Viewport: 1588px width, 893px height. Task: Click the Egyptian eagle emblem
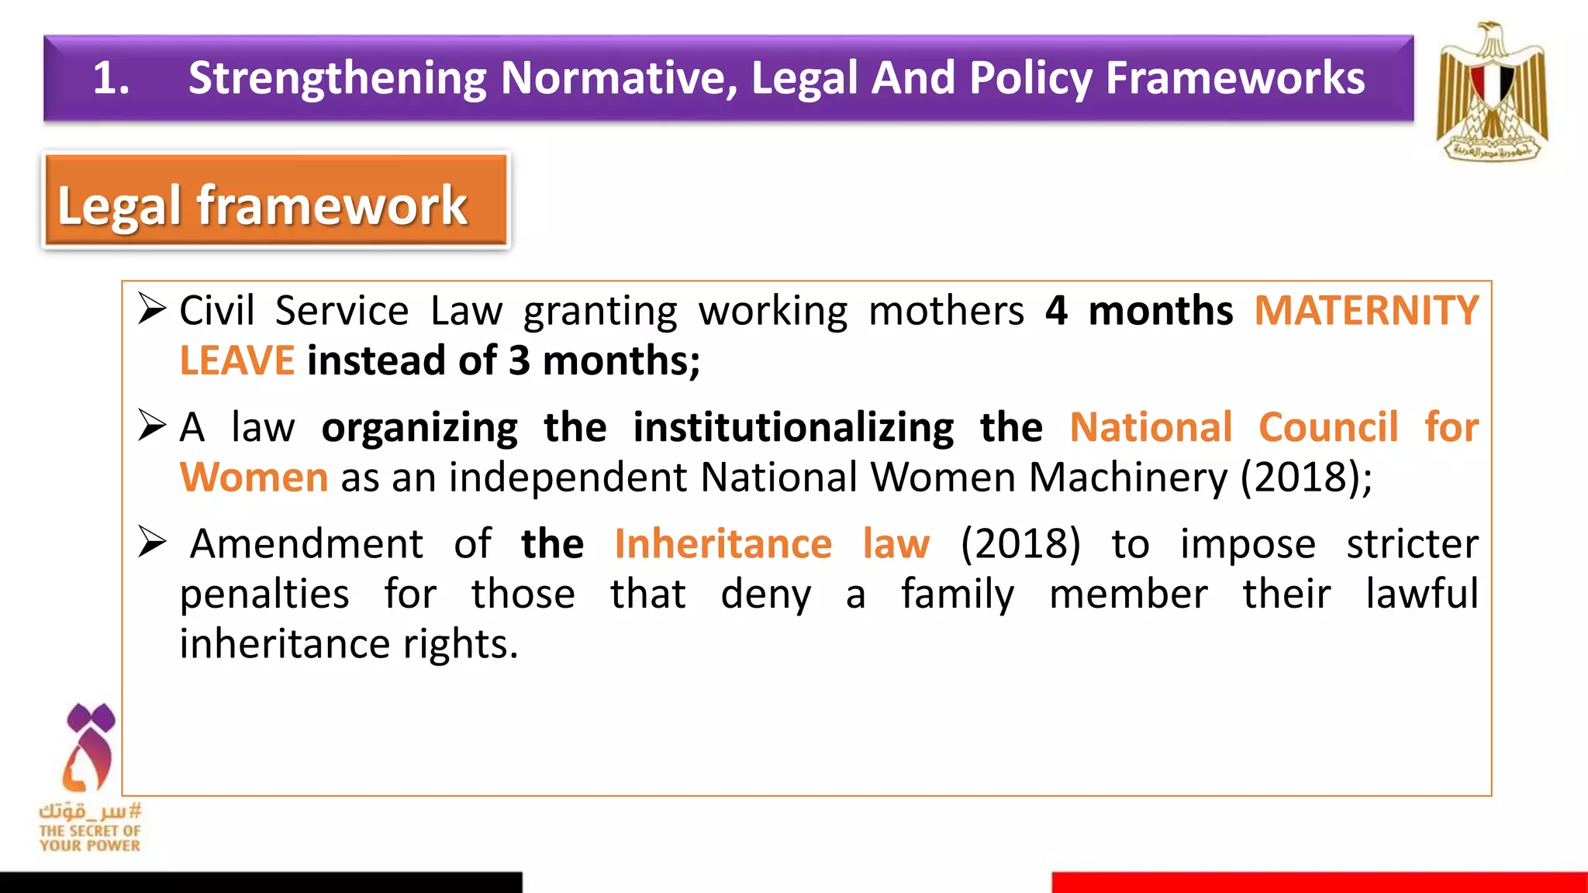coord(1492,91)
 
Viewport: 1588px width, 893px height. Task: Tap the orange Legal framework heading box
coord(276,201)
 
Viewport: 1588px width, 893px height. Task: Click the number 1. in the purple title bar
coord(111,78)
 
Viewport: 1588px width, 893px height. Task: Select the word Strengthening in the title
coord(338,78)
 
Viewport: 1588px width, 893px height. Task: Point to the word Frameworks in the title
coord(1235,78)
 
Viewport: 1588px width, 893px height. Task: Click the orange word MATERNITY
coord(1366,311)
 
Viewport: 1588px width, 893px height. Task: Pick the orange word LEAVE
coord(236,361)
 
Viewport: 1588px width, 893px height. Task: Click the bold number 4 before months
coord(1056,311)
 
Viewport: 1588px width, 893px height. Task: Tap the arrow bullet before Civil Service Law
coord(152,309)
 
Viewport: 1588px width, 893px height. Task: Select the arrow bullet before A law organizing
coord(152,425)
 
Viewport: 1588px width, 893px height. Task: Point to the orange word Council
coord(1328,427)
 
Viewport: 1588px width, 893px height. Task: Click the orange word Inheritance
coord(723,543)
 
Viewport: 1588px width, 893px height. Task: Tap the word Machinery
coord(1128,478)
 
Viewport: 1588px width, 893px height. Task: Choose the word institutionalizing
coord(793,427)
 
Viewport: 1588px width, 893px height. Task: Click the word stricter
coord(1412,543)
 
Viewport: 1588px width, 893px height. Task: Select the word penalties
coord(264,595)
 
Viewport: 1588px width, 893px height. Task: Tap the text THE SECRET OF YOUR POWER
coord(90,838)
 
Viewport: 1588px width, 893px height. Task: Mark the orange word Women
coord(254,478)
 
